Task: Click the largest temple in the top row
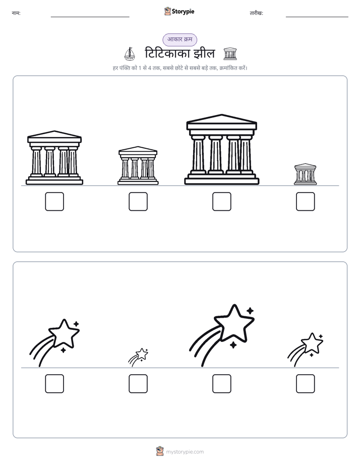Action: click(x=221, y=149)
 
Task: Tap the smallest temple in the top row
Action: click(x=306, y=174)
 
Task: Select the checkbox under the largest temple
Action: click(x=221, y=202)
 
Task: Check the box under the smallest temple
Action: click(x=306, y=202)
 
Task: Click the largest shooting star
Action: click(x=221, y=335)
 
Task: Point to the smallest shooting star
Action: click(x=138, y=357)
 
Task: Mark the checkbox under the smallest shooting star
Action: click(x=138, y=384)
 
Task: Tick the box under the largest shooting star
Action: click(x=221, y=384)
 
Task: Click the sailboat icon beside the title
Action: click(x=130, y=54)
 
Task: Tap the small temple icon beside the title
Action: click(x=230, y=54)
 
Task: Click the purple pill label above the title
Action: click(x=179, y=39)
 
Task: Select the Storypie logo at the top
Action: click(x=179, y=12)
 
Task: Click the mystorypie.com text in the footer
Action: click(x=185, y=452)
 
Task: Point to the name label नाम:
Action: click(x=16, y=13)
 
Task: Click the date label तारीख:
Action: click(x=256, y=13)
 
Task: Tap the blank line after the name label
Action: click(x=90, y=17)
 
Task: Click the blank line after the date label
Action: click(x=317, y=17)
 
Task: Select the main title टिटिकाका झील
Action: click(x=179, y=54)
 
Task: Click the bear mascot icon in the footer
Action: click(x=160, y=451)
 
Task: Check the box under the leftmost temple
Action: click(x=54, y=202)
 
